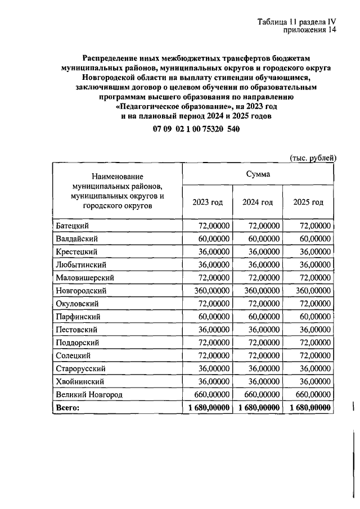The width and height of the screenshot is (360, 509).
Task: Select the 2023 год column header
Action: (207, 202)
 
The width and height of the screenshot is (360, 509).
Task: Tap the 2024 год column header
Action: (258, 202)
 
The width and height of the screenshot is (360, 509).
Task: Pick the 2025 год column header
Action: (308, 202)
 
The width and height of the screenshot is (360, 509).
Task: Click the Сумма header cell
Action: (258, 174)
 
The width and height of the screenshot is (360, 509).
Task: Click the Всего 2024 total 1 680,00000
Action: (259, 408)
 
